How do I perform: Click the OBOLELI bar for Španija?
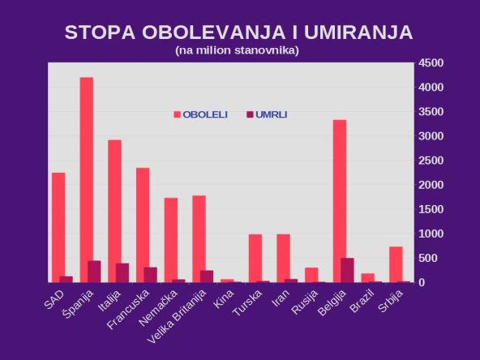click(86, 179)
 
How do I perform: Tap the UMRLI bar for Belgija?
click(347, 270)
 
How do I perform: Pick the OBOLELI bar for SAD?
click(58, 227)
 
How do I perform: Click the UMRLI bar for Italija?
click(122, 272)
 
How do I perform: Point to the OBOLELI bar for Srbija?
click(396, 264)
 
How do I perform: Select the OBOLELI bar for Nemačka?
click(170, 239)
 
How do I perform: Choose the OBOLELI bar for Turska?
click(255, 258)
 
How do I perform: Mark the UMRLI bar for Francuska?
click(150, 274)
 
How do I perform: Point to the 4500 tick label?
click(431, 63)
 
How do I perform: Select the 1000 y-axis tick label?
click(431, 234)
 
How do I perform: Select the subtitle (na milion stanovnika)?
click(237, 50)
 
